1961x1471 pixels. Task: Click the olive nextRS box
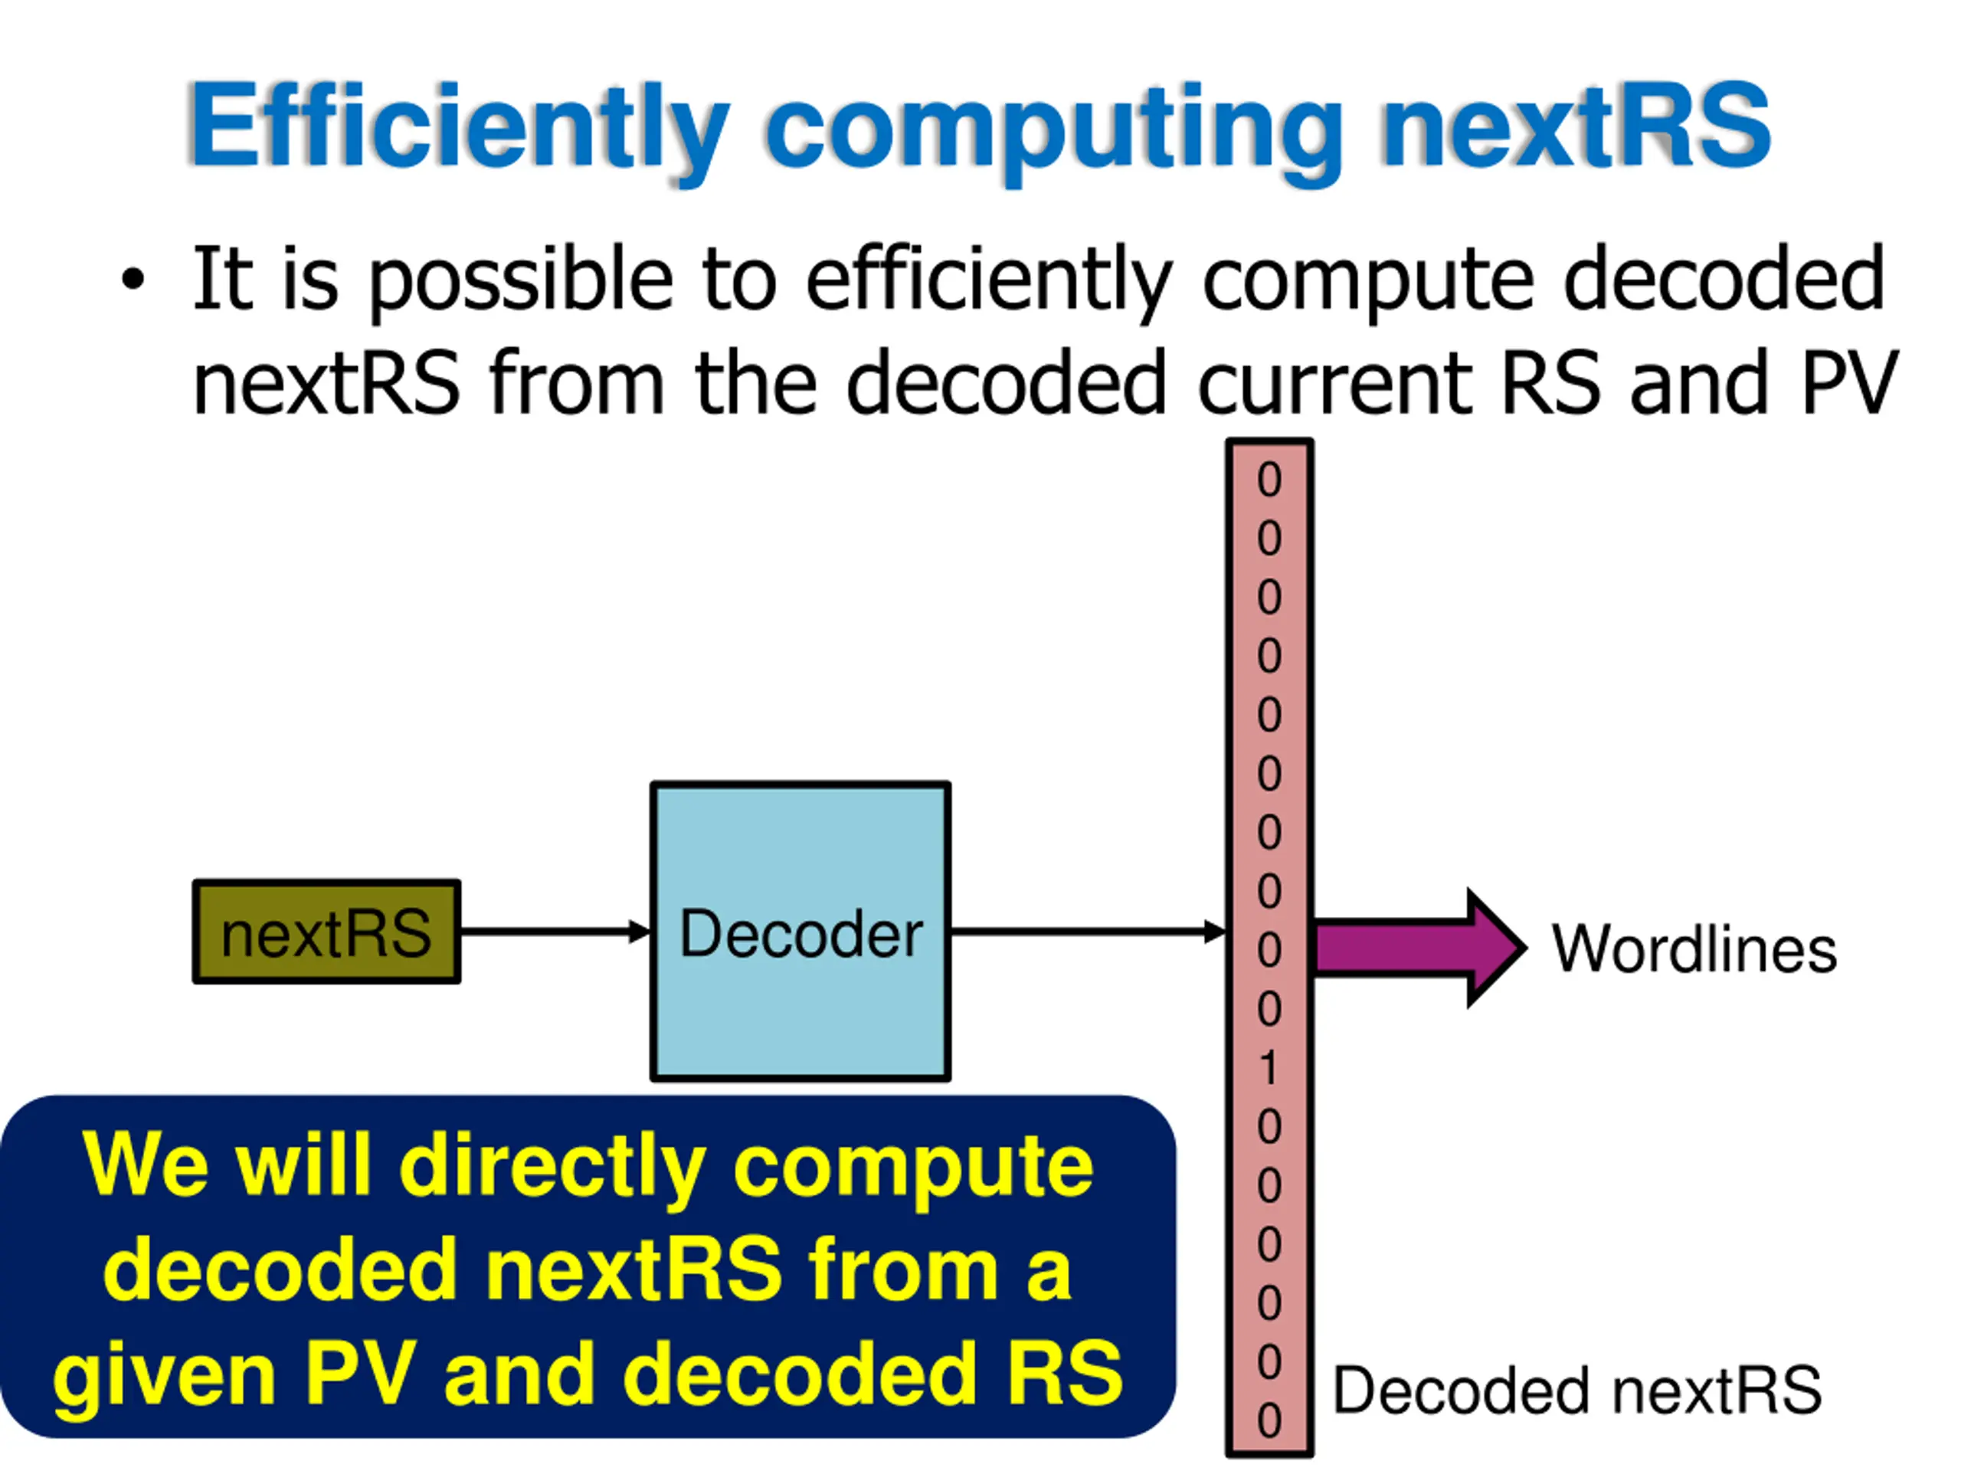tap(326, 932)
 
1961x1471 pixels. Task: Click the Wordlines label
tap(1693, 949)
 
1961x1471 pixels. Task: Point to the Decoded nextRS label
tap(1577, 1390)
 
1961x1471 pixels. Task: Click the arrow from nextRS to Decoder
tap(555, 932)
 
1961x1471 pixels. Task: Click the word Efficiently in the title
tap(457, 126)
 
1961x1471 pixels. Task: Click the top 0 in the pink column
tap(1269, 480)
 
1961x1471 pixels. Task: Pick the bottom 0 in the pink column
tap(1269, 1420)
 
